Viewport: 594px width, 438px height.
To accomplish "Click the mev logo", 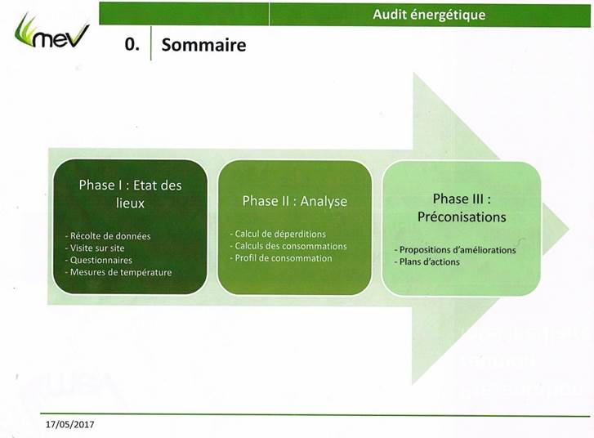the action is [52, 31].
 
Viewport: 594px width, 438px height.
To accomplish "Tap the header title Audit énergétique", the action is [429, 15].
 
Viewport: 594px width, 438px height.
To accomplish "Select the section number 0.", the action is [132, 45].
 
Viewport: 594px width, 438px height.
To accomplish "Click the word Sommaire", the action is [203, 45].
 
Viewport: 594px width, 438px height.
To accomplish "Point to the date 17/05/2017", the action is [69, 424].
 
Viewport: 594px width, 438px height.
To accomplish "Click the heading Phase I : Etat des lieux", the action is [130, 194].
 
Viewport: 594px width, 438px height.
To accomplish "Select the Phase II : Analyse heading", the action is [295, 201].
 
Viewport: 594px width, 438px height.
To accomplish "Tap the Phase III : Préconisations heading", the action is [462, 208].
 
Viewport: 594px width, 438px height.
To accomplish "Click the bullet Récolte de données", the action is [108, 236].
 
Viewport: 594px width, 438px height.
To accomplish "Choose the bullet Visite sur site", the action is [95, 248].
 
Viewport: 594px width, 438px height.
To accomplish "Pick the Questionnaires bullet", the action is [99, 261].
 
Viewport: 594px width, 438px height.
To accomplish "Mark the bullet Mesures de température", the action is [118, 272].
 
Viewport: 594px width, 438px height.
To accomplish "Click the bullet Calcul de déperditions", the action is [278, 234].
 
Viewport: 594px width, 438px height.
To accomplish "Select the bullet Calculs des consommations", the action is [288, 246].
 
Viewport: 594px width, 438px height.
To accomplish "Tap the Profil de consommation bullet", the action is [281, 258].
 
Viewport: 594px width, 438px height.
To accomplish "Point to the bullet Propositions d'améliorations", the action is [455, 250].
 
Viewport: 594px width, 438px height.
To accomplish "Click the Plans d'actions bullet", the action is [427, 261].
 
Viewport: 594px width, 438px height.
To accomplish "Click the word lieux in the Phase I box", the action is [130, 203].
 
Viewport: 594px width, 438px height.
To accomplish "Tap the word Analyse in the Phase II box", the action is [324, 201].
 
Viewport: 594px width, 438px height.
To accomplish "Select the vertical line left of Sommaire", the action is [151, 43].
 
